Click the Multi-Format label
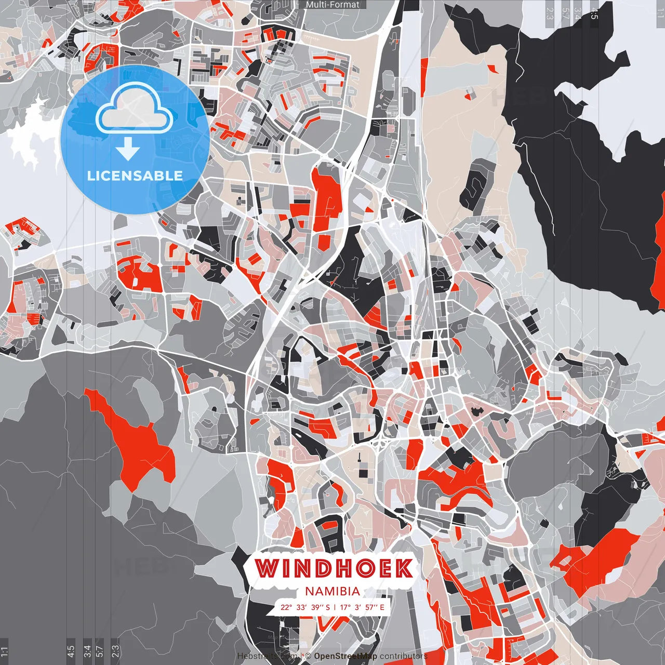(332, 5)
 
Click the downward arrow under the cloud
(128, 149)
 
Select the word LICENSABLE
(135, 176)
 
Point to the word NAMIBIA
(332, 591)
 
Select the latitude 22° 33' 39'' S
(305, 607)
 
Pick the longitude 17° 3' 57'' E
(362, 607)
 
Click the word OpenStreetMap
(345, 656)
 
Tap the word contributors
(404, 656)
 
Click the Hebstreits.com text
(268, 656)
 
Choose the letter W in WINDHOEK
(267, 569)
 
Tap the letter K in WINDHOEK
(402, 569)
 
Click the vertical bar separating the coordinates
(335, 607)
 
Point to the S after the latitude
(327, 607)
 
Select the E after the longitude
(382, 607)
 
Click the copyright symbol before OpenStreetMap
(308, 656)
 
